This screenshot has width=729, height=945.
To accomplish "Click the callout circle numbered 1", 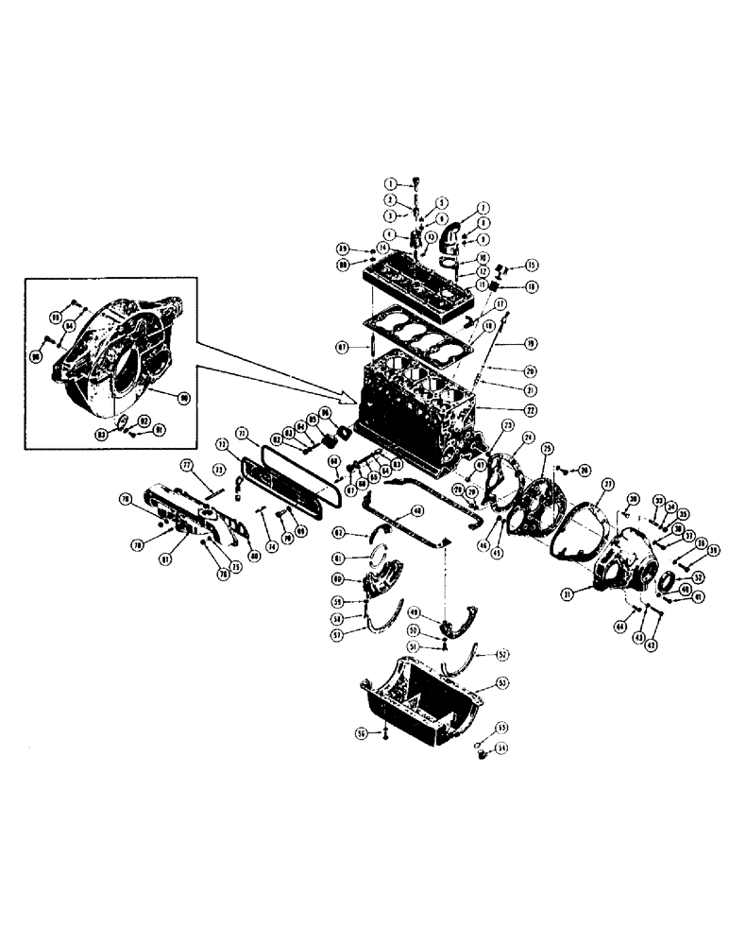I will click(x=389, y=181).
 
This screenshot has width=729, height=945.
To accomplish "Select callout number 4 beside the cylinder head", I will click(x=389, y=234).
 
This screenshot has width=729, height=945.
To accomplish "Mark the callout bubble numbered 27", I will click(x=609, y=484).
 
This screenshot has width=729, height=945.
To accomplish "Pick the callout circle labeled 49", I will click(x=440, y=612).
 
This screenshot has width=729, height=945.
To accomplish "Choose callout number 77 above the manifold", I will click(x=187, y=466).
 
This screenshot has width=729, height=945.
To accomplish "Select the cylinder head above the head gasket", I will click(x=415, y=283).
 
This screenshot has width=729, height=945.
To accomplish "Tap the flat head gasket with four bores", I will click(x=415, y=336).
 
